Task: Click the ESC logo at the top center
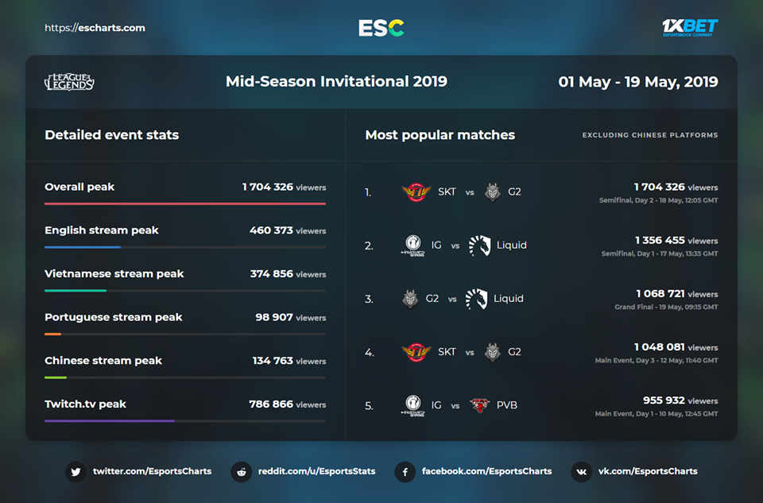381,28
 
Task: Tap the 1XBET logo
690,28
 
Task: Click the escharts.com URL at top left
95,28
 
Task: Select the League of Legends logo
69,81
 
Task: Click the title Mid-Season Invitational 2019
336,81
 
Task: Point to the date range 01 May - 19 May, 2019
638,81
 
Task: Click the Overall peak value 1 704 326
268,187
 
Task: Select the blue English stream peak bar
83,247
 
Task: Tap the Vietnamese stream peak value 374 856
271,273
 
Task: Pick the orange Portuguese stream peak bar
52,334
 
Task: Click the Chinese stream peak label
103,360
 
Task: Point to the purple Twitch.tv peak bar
109,420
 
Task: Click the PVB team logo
479,405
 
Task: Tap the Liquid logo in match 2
478,246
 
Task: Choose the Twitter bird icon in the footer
76,471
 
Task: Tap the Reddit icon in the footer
241,471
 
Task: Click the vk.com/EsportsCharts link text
648,471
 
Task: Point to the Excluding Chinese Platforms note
650,135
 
